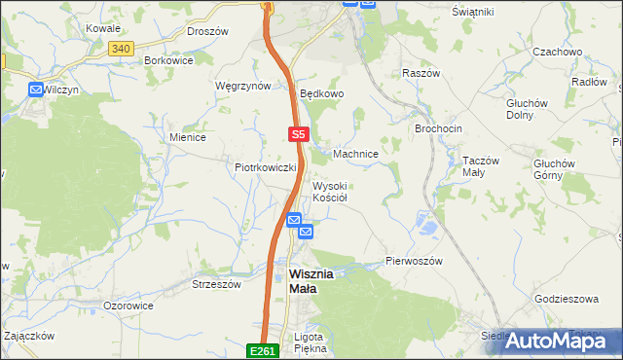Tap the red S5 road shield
click(299, 134)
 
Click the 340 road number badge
click(121, 49)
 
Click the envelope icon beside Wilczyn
click(36, 90)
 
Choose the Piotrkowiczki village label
click(265, 167)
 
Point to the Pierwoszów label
click(414, 262)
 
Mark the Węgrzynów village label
click(242, 86)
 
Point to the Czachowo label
click(557, 51)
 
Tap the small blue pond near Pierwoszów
click(426, 228)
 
